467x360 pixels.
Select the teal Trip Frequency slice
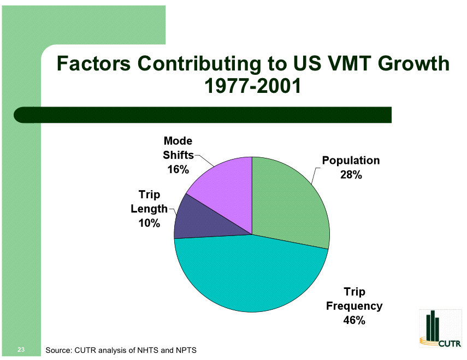(251, 273)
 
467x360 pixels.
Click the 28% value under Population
(351, 175)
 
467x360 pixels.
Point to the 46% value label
(354, 320)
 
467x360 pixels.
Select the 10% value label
(149, 223)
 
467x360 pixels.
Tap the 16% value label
(178, 169)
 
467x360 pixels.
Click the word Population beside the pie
(351, 161)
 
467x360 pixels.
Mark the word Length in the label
(149, 209)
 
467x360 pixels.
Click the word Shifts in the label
(178, 155)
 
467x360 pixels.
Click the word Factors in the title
(94, 64)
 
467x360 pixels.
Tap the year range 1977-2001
(252, 86)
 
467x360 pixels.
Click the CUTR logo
(440, 329)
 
